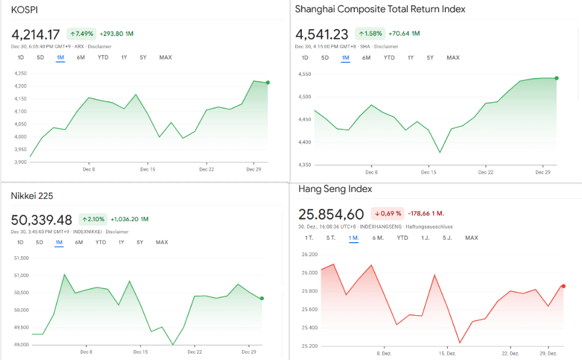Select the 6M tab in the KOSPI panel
click(x=81, y=57)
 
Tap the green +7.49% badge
click(x=81, y=34)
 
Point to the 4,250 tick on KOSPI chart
click(x=20, y=74)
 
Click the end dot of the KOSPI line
click(x=267, y=83)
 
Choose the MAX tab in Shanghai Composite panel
click(x=453, y=58)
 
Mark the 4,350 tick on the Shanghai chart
click(x=304, y=165)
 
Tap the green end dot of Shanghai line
click(x=556, y=78)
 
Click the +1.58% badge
click(x=370, y=34)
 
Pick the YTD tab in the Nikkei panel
click(x=101, y=242)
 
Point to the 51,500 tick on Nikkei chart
click(x=20, y=258)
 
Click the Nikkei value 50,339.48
click(x=41, y=220)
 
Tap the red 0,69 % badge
click(x=388, y=214)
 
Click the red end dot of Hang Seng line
click(x=563, y=286)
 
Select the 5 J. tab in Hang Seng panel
click(x=447, y=237)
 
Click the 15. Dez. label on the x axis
click(x=447, y=354)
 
